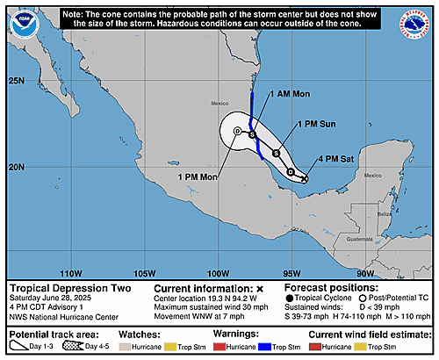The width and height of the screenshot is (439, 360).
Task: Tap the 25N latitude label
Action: click(15, 81)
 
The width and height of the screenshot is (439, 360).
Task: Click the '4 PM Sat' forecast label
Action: click(337, 159)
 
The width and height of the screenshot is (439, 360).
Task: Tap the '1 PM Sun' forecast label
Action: click(316, 125)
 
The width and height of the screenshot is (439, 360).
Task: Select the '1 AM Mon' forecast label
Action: click(290, 93)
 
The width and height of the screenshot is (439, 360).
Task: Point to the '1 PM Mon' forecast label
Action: click(196, 176)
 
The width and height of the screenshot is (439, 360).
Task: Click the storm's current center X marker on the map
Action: click(305, 180)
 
